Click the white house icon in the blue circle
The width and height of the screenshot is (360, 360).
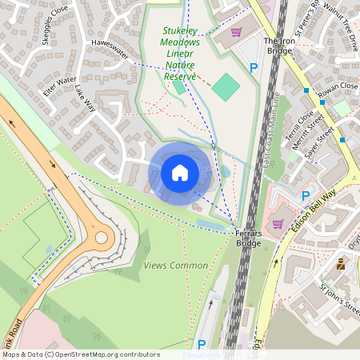coord(180,173)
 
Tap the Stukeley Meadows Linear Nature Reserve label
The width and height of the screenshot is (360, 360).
coord(179,54)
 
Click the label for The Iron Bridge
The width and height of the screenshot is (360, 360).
coord(279,46)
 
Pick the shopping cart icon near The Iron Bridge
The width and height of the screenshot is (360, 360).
coord(236,32)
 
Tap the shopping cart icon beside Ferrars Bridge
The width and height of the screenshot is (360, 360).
coord(278,224)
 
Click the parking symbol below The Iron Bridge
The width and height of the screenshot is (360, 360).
coord(254,69)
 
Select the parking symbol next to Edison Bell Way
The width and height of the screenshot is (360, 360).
coord(304,195)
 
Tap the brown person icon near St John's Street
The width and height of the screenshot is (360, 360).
coord(341,262)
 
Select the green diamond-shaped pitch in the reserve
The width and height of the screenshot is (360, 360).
coord(226,86)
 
